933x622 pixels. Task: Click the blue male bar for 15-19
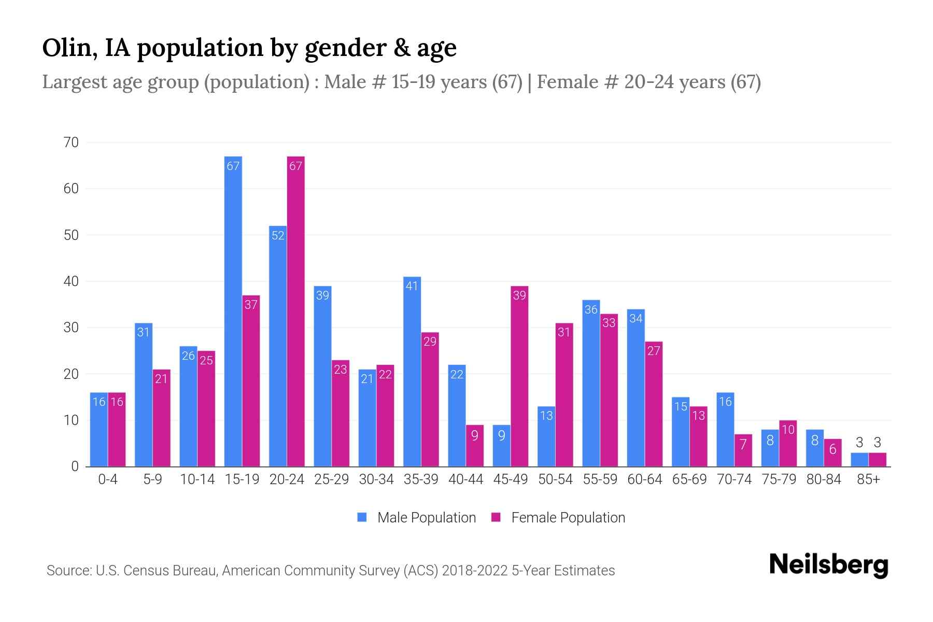click(x=233, y=311)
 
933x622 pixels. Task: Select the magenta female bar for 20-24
click(x=296, y=311)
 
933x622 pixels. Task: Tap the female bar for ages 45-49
click(x=519, y=376)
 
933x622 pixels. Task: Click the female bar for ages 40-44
click(x=475, y=446)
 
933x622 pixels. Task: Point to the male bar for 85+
click(x=859, y=460)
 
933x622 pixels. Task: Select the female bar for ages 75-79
click(x=788, y=444)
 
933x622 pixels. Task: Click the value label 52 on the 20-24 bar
click(x=278, y=236)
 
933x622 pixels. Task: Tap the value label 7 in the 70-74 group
click(x=743, y=445)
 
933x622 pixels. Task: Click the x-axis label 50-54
click(x=555, y=479)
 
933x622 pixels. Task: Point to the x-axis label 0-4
click(x=108, y=479)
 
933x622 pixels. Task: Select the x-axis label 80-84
click(x=824, y=479)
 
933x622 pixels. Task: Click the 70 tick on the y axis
click(x=71, y=143)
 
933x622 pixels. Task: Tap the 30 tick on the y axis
click(x=71, y=328)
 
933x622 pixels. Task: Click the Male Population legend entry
click(x=417, y=518)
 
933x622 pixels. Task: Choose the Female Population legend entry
click(x=558, y=518)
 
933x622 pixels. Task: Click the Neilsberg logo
click(x=828, y=565)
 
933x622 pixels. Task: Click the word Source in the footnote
click(x=68, y=571)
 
